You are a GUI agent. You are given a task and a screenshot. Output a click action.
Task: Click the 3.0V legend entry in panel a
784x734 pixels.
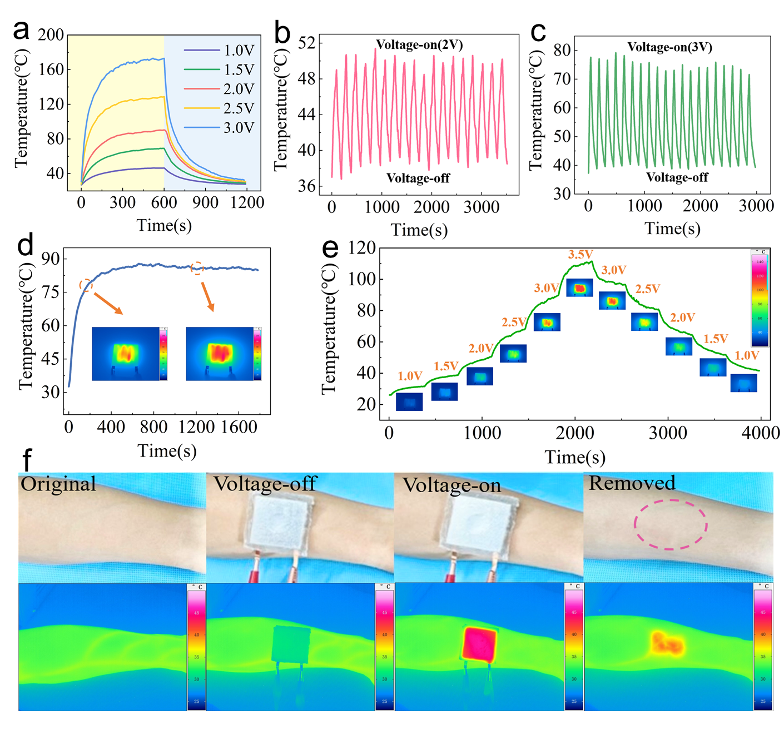239,127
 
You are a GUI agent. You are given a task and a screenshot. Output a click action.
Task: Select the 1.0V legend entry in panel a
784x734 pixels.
239,51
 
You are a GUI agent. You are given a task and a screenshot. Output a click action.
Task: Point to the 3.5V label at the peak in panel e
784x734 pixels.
580,255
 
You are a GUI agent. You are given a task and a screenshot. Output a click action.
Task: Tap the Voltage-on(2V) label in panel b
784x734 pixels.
419,44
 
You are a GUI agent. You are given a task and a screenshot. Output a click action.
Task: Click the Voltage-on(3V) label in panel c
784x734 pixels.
669,47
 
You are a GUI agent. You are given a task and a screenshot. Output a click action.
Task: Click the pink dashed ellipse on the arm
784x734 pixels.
671,524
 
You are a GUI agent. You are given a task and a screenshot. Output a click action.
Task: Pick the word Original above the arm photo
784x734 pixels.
58,484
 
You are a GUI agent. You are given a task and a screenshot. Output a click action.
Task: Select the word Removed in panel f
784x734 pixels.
632,483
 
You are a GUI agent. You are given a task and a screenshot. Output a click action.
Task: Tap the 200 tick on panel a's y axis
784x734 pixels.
51,35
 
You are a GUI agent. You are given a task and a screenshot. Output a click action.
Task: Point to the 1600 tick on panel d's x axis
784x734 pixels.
239,427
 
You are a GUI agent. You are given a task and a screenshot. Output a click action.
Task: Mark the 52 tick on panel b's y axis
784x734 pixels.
307,43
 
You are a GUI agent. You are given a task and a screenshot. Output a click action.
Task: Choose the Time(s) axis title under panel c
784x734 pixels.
672,229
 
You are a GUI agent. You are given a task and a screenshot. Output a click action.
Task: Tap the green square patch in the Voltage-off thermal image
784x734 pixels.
291,644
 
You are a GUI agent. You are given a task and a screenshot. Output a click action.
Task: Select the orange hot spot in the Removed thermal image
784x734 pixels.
667,644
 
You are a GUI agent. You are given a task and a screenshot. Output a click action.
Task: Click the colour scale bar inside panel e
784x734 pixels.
760,298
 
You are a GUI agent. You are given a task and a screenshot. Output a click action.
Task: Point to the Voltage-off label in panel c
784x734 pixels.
677,177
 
